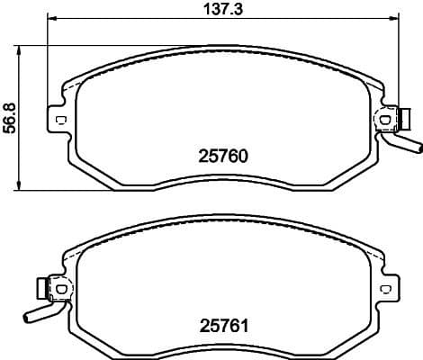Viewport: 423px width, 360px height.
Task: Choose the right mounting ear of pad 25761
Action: click(385, 289)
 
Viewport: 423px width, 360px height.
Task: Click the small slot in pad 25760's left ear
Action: click(60, 120)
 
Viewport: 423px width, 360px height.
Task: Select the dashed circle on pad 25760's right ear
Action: click(384, 119)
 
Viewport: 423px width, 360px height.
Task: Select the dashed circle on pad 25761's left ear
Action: click(60, 288)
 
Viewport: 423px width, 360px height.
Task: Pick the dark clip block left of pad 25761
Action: click(40, 288)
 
